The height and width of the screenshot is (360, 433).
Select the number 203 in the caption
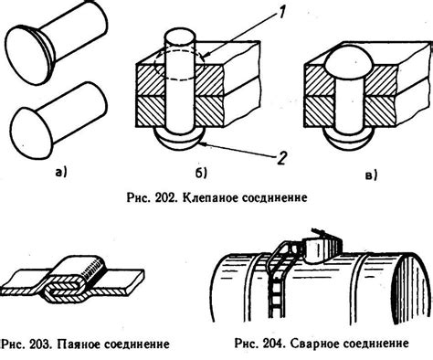(39, 347)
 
